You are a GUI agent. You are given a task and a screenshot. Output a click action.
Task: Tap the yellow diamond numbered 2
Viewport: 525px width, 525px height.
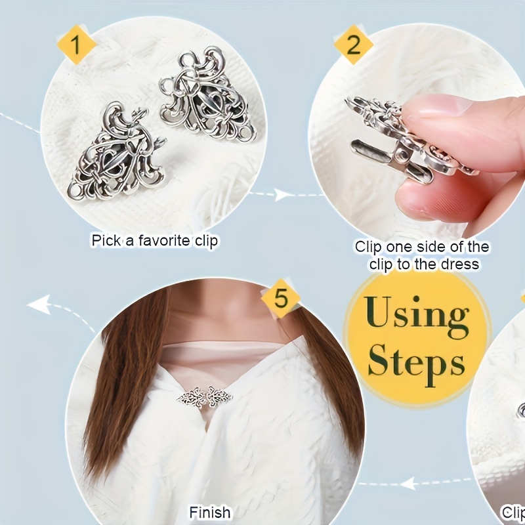[354, 45]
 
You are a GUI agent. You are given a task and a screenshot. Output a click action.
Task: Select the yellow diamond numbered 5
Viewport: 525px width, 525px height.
[280, 299]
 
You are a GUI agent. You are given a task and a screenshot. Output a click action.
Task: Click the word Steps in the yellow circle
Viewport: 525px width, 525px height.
[416, 362]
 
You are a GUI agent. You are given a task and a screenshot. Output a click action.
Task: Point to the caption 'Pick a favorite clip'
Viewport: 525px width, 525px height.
[154, 241]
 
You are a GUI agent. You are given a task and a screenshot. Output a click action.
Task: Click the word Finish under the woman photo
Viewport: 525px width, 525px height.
[209, 512]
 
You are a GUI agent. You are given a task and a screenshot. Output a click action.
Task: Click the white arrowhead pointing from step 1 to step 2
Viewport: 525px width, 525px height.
[282, 194]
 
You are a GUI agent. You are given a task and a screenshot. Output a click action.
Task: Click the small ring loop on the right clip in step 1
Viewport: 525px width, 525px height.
[245, 136]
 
